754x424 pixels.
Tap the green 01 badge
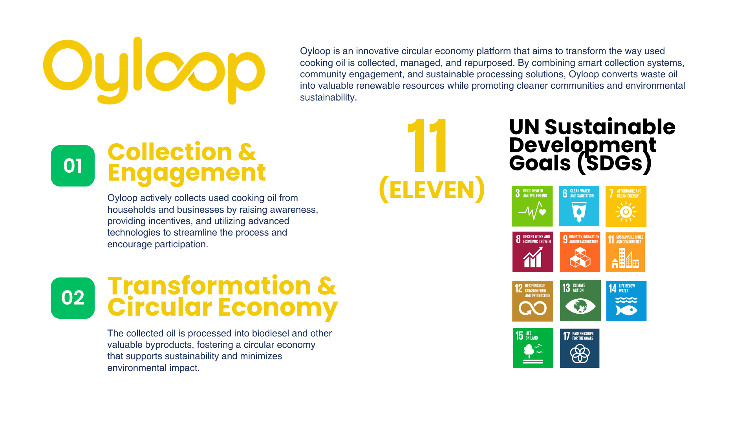[73, 166]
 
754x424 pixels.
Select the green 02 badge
[73, 298]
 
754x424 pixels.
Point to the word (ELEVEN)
[432, 190]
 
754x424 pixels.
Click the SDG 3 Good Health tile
[532, 206]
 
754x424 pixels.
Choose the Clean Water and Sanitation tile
[579, 206]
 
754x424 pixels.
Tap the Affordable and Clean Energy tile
[626, 207]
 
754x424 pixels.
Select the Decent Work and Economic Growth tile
[533, 252]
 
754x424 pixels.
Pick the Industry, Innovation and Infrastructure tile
[580, 252]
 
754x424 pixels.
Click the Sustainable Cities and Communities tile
[625, 252]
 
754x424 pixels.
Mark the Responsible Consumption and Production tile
[533, 301]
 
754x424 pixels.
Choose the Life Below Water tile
[626, 301]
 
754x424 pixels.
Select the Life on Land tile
[533, 348]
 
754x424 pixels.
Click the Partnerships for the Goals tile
[580, 348]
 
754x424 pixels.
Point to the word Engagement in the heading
[187, 173]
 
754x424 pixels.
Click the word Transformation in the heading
[210, 285]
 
